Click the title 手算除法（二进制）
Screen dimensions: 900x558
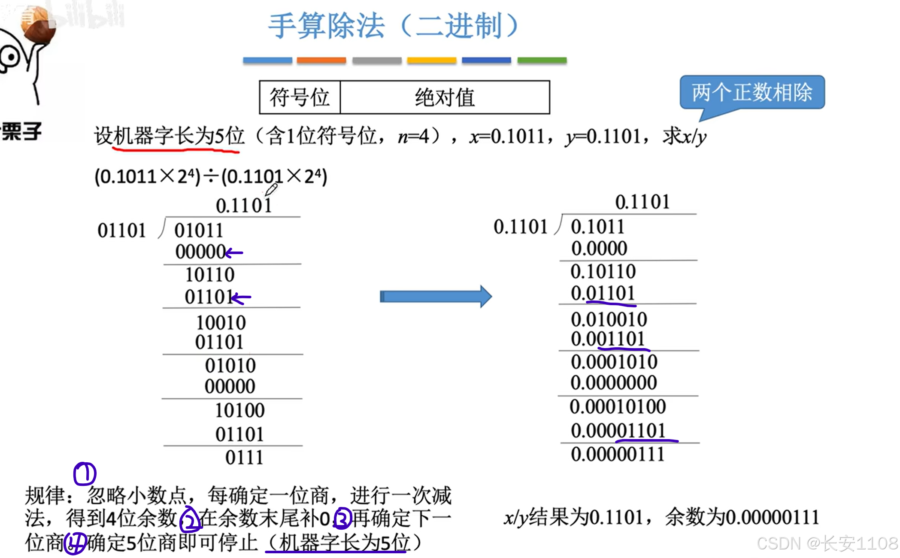click(x=393, y=26)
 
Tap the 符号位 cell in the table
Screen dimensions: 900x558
click(x=300, y=97)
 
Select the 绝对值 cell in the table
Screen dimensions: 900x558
click(x=445, y=97)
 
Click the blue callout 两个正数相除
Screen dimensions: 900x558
click(x=752, y=92)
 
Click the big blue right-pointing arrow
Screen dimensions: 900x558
click(x=436, y=296)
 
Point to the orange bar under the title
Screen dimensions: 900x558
click(x=321, y=61)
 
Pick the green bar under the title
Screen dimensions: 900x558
click(x=542, y=61)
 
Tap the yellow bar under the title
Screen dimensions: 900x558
click(x=431, y=61)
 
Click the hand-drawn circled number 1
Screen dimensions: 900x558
click(x=85, y=474)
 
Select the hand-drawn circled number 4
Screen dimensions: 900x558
click(x=75, y=543)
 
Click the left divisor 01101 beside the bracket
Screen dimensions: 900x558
click(x=121, y=230)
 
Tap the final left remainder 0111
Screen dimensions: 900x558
click(x=244, y=458)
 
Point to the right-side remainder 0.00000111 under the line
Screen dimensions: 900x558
click(x=617, y=454)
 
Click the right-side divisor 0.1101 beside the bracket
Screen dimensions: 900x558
click(x=520, y=227)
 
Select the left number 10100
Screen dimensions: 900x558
click(x=239, y=410)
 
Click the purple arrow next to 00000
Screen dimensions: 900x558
click(x=234, y=253)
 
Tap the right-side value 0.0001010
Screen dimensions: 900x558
click(x=614, y=362)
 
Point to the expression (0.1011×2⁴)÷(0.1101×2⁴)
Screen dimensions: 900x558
click(x=211, y=176)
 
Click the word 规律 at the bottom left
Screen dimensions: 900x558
click(x=45, y=496)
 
